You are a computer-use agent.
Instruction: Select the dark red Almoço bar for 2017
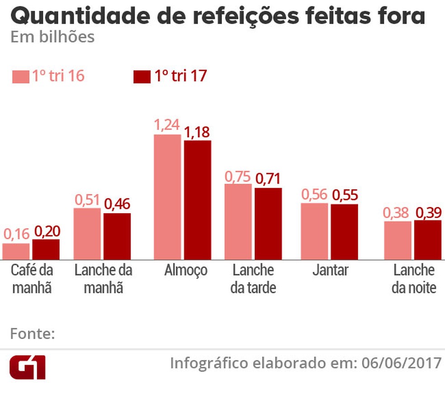point(198,200)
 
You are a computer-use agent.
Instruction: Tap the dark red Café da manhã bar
point(46,249)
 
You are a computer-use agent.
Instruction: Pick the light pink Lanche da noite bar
point(398,240)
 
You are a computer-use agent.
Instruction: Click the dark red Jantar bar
point(344,232)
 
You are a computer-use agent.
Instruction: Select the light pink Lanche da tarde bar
point(238,221)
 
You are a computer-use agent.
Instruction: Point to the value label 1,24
point(167,125)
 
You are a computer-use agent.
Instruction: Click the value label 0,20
point(47,232)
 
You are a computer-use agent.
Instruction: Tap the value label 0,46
point(118,204)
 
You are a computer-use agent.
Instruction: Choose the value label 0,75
point(238,176)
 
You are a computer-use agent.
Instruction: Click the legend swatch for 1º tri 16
point(20,77)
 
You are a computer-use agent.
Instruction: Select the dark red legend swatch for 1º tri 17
point(142,77)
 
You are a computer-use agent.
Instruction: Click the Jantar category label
point(330,270)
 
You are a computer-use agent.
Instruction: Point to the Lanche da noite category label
point(414,279)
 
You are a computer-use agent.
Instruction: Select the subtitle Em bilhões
point(52,37)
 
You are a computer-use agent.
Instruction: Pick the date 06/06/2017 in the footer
point(402,363)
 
